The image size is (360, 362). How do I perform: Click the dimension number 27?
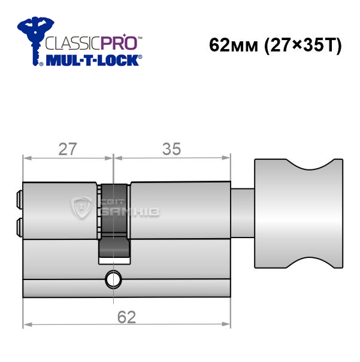tap(68, 149)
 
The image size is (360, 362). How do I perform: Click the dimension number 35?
tap(171, 149)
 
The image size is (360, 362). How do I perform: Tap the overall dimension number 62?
tap(126, 317)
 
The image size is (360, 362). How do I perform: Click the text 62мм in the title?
tap(234, 45)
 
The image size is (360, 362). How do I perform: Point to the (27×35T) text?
tap(302, 45)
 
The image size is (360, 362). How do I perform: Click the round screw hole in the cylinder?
tap(113, 279)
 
